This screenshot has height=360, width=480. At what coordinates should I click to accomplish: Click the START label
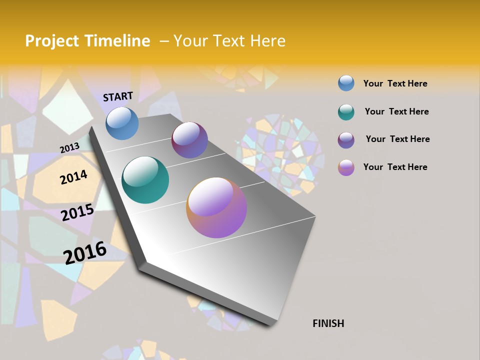coord(118,96)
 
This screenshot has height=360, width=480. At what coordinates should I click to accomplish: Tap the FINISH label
coord(328,323)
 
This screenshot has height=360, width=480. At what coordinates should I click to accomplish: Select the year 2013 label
coord(69,147)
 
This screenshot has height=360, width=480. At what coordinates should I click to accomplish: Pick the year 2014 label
coord(73,177)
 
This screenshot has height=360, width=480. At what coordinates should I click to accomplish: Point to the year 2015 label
coord(77,212)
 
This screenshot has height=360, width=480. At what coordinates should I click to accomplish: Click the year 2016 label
coord(85,252)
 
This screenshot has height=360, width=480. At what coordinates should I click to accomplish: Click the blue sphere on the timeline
coord(122,123)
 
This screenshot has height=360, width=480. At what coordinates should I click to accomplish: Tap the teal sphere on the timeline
coord(145,180)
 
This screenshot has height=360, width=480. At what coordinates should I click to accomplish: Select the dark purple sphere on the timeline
coord(189,140)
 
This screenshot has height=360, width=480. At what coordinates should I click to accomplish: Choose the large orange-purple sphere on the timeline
coord(216,207)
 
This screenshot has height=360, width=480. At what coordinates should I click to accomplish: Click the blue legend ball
coord(346,83)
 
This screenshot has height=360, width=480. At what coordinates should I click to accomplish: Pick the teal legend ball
coord(346,111)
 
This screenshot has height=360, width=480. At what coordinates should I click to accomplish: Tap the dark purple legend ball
coord(346,139)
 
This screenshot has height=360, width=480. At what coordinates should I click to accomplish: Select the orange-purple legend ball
coord(346,167)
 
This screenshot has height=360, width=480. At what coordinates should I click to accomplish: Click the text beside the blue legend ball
coord(395,83)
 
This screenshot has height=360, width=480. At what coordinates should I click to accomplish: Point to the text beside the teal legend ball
coord(396,111)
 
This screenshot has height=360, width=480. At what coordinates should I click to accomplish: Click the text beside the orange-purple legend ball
coord(395,167)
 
